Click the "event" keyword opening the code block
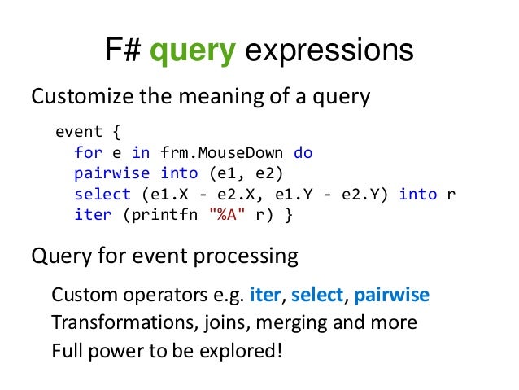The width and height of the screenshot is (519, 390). point(79,131)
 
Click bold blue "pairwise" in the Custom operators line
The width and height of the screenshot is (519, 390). point(391,294)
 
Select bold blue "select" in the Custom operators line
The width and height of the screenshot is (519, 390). point(317,294)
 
